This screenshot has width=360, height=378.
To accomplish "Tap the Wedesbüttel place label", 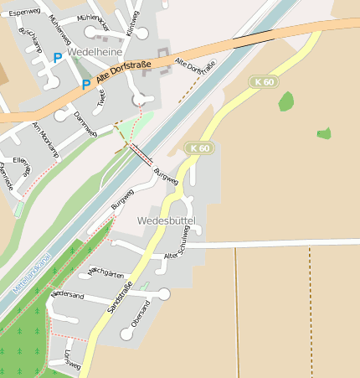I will tap(166, 220).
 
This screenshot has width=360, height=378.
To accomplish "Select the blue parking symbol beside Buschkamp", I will tap(57, 58).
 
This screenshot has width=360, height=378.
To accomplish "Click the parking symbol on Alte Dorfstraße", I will tap(85, 84).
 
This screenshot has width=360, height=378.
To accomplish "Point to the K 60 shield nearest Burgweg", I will tap(200, 148).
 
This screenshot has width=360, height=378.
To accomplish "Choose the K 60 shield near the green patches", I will tap(263, 81).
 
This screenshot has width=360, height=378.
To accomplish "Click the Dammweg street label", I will tap(86, 124).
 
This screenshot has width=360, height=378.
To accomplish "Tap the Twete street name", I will tap(101, 100).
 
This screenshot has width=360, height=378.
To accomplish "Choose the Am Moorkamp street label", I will tap(45, 140).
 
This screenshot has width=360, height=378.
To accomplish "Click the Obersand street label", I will tap(143, 317).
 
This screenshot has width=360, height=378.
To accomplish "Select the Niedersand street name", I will tap(67, 296).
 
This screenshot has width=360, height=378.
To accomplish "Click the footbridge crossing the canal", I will tap(141, 153).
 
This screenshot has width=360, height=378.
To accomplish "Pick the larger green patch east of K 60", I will tap(286, 101).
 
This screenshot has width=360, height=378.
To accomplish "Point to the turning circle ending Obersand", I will tap(126, 334).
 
